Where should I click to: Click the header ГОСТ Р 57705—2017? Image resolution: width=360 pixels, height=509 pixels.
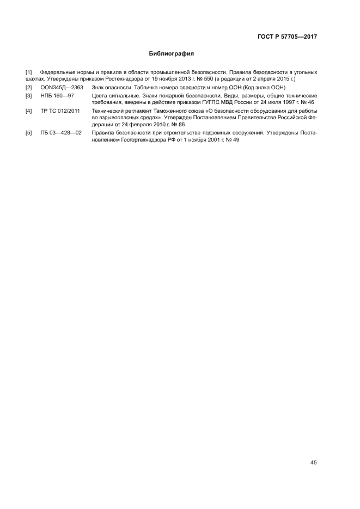(287, 37)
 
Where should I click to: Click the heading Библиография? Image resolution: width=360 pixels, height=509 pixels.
(172, 54)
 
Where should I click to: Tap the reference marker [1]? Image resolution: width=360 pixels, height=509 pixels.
(29, 72)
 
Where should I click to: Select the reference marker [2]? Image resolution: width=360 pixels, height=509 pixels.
(29, 88)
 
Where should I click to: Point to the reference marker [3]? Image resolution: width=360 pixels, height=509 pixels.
(29, 96)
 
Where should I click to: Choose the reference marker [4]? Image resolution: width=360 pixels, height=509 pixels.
(29, 111)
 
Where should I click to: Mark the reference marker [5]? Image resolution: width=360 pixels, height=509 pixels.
(29, 133)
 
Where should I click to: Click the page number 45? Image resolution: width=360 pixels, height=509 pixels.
(313, 463)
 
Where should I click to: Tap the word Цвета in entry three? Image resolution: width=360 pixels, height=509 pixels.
(101, 96)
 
